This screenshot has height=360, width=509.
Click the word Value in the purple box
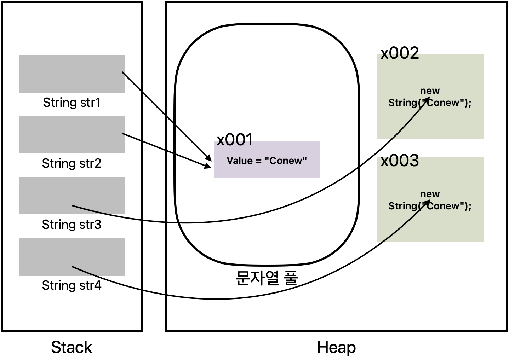(239, 161)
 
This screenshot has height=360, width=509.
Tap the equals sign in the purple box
(258, 161)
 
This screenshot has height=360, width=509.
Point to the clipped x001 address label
(235, 143)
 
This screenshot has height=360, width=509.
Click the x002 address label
(399, 56)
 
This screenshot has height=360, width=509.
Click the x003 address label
(399, 162)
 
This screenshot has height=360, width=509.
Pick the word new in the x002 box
(430, 91)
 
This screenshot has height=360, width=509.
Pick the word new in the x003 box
(430, 194)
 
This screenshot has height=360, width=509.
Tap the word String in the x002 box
(402, 103)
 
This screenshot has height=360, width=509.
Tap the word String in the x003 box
(402, 206)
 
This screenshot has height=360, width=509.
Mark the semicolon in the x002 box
(470, 103)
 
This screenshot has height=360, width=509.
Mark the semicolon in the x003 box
(470, 207)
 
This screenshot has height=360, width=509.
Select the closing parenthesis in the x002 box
(466, 103)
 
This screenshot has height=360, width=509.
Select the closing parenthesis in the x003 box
(466, 206)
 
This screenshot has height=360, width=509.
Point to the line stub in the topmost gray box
(124, 74)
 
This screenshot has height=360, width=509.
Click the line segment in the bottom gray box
(85, 271)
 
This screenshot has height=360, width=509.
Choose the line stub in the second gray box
(124, 134)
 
